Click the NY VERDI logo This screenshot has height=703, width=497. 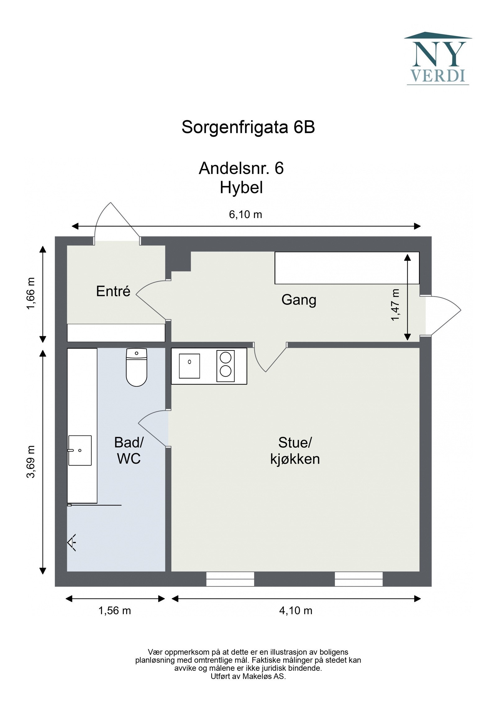[x=437, y=59]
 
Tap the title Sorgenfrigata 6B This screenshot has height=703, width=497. [x=248, y=127]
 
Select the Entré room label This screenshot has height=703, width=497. [x=113, y=291]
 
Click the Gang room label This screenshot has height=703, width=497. [x=299, y=300]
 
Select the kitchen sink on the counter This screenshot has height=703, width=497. [x=189, y=366]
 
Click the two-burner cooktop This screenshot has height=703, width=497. [x=225, y=366]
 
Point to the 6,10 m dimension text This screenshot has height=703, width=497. [x=245, y=214]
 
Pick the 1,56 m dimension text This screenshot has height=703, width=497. [x=115, y=610]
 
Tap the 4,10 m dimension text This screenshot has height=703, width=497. [x=295, y=610]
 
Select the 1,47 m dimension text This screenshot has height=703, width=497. [x=395, y=304]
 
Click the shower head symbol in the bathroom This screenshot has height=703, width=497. [x=72, y=542]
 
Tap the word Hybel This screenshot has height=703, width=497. [x=241, y=188]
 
